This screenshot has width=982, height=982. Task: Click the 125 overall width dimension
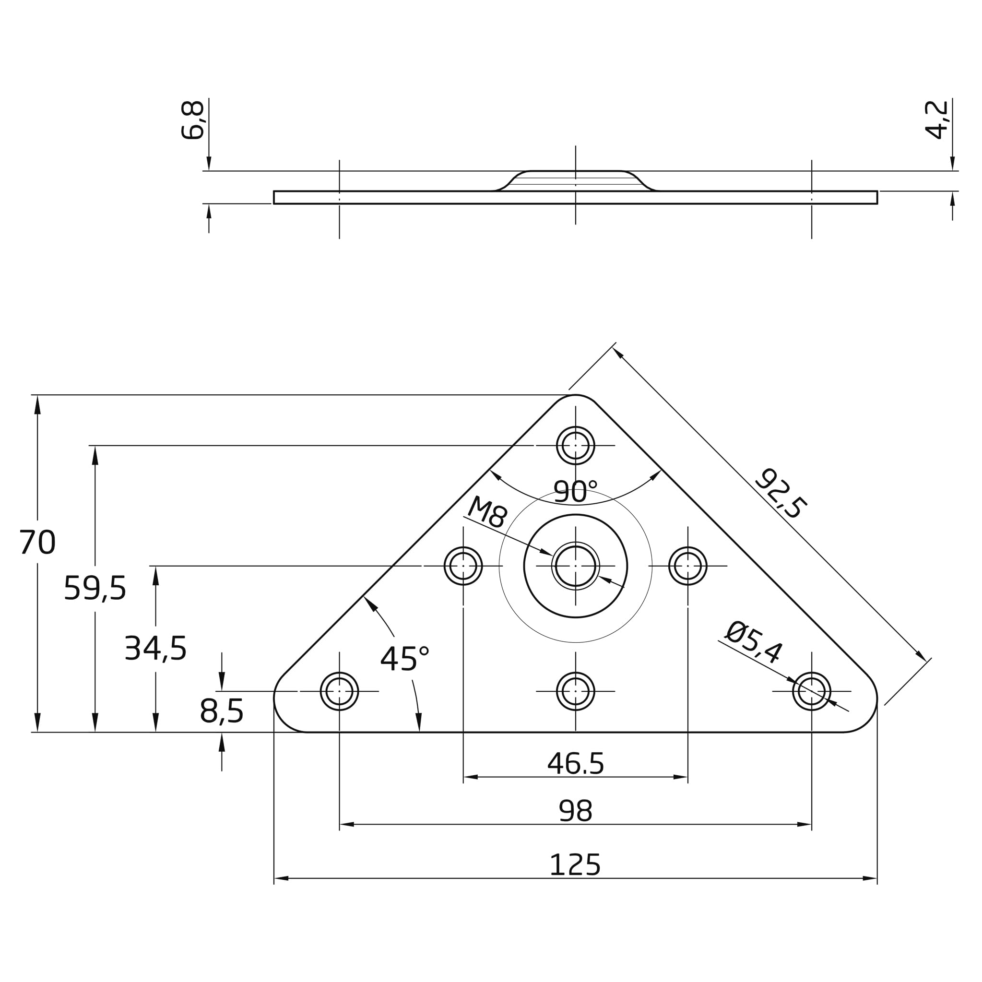[x=575, y=865]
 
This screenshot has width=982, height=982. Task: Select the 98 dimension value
[x=575, y=811]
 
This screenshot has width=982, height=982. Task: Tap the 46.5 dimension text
[x=575, y=763]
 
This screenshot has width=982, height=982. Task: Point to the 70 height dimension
[x=37, y=543]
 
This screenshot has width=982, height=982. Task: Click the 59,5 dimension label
[x=95, y=589]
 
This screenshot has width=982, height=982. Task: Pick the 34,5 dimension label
[x=155, y=649]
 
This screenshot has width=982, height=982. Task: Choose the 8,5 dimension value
[x=222, y=710]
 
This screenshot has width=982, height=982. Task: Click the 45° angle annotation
[x=404, y=659]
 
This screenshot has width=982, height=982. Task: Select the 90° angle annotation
[x=575, y=492]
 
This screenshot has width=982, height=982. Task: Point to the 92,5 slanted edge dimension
[x=781, y=494]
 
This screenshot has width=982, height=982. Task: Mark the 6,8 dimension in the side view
[x=193, y=120]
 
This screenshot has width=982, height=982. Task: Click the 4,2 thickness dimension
[x=936, y=120]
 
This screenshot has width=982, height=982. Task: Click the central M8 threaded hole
[x=575, y=566]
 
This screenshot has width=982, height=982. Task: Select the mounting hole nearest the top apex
[x=575, y=445]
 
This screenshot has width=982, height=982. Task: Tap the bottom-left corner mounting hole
[x=339, y=691]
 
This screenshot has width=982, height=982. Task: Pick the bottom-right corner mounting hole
[x=812, y=691]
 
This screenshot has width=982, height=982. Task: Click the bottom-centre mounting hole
[x=575, y=691]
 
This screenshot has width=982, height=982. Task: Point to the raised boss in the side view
[x=575, y=180]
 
